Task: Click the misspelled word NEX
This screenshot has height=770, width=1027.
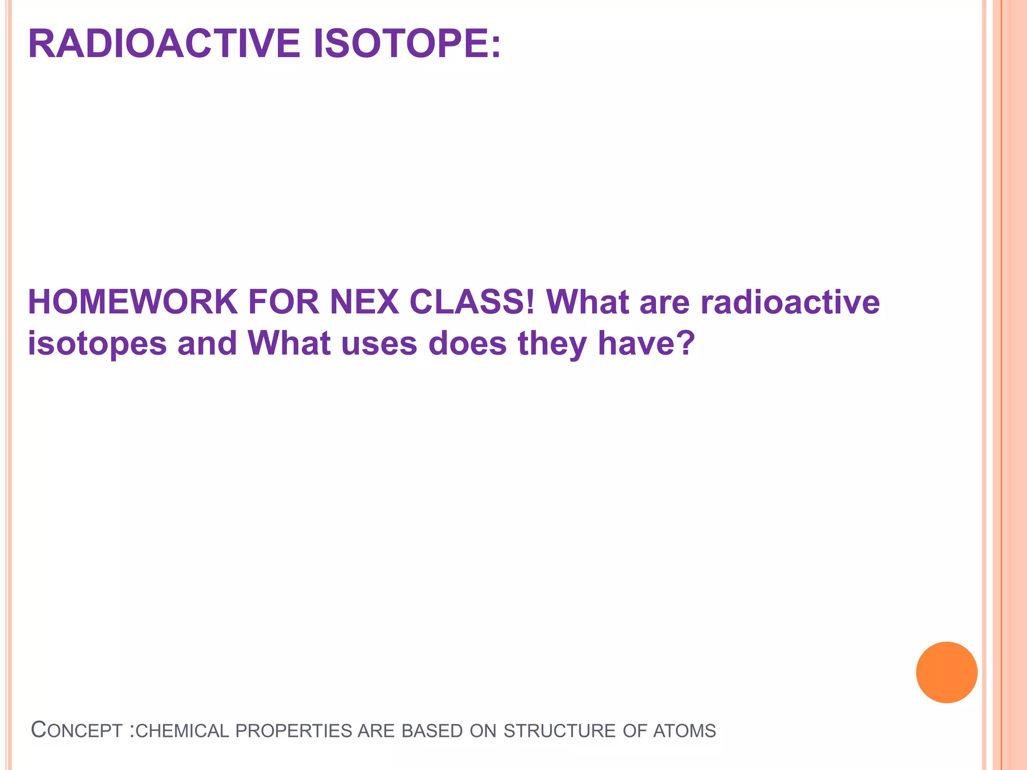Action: coord(364,302)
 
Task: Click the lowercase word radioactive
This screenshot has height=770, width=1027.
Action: coord(789,302)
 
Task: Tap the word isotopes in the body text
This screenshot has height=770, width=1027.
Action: coord(97,344)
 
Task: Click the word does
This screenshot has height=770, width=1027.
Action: coord(467,344)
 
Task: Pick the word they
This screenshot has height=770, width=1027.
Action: coord(552,344)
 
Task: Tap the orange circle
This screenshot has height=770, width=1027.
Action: coord(946,672)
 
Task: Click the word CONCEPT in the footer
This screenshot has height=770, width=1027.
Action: coord(77,730)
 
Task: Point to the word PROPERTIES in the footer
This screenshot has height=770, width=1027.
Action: coord(294,731)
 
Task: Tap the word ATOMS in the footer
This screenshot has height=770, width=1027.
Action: coord(684,731)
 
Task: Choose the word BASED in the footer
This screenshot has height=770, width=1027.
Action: coord(432,731)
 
